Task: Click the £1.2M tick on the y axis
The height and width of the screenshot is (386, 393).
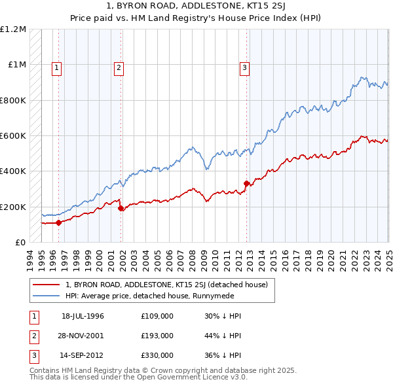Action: [x=13, y=29]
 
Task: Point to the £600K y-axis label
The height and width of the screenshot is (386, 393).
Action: [x=13, y=136]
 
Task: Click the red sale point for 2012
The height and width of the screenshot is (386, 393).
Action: [x=247, y=184]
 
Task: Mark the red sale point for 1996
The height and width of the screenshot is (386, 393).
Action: [x=58, y=222]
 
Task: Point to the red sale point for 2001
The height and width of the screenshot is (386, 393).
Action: [x=121, y=208]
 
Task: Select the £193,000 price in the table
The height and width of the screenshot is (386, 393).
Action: [x=157, y=336]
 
